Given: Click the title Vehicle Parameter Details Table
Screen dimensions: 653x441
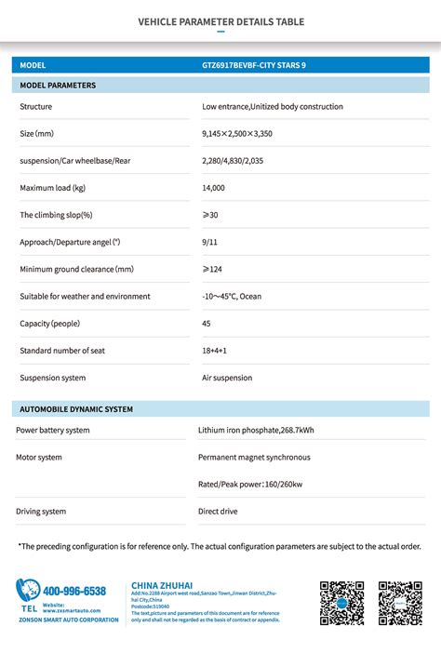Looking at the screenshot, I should point(220,21).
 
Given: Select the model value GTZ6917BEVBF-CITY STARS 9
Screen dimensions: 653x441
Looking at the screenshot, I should point(253,65).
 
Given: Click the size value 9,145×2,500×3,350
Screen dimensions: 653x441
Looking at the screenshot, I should point(237,134).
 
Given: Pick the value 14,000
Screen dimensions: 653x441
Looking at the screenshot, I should point(213,188).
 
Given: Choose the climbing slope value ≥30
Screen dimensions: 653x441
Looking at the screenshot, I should point(211,215).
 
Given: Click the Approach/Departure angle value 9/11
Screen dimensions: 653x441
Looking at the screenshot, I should point(209,242).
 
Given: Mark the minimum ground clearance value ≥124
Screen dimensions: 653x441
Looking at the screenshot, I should point(213,269).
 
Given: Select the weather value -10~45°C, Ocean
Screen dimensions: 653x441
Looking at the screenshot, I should point(232,296).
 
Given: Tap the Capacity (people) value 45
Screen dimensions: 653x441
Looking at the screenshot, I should point(207,323).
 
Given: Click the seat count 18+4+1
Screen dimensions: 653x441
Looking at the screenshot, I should point(214,351).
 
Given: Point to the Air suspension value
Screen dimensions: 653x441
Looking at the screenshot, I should point(227,378).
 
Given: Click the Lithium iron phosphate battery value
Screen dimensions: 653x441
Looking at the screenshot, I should point(256,431).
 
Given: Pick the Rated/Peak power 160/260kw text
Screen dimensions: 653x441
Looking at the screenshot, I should point(250,485).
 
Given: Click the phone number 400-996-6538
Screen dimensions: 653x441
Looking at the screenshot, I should point(74,591).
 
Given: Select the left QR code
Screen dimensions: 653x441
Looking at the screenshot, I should point(341,604).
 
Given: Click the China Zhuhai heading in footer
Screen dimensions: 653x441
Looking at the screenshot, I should point(162,585).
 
